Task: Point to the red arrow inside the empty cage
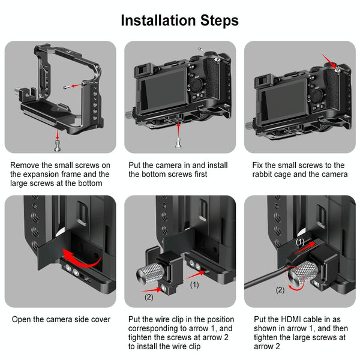point(74,86)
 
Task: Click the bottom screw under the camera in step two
point(178,143)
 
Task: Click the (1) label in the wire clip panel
point(194,285)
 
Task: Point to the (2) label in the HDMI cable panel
point(280,290)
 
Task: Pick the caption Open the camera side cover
point(61,320)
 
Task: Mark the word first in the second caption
point(197,175)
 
